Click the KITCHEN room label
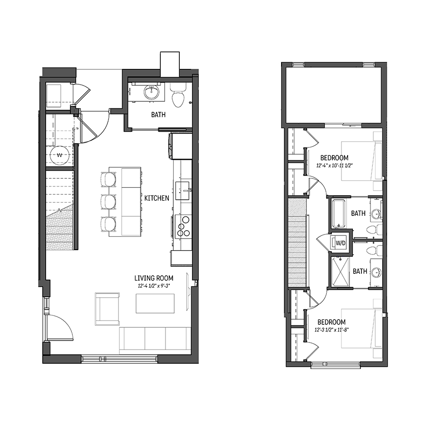click(156, 198)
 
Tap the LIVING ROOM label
click(154, 278)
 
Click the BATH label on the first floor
click(158, 114)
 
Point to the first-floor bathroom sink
click(152, 92)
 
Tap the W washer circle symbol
click(59, 156)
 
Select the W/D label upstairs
click(340, 243)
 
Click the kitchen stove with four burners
click(182, 226)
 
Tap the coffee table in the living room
click(156, 303)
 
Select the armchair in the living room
click(107, 309)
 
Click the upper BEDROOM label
click(334, 158)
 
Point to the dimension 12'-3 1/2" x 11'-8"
click(331, 330)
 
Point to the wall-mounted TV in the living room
click(188, 291)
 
